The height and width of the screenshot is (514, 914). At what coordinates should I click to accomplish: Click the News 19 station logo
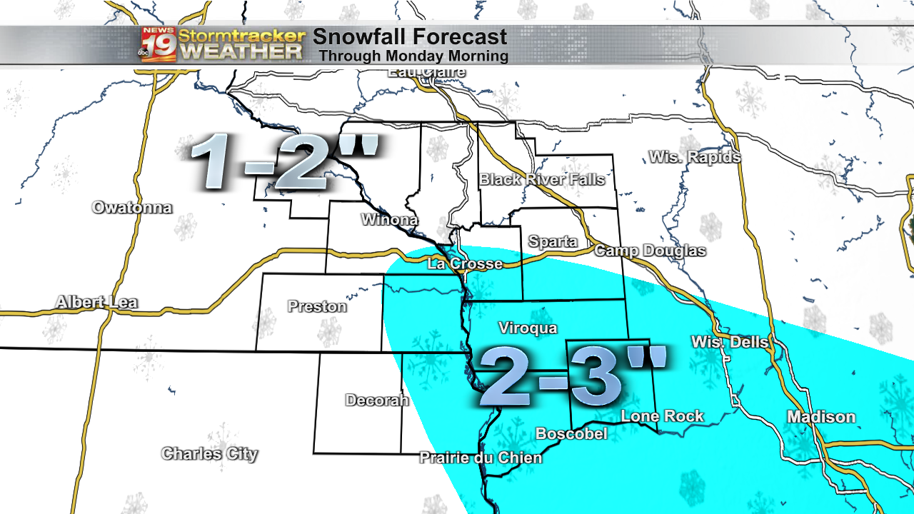tap(158, 44)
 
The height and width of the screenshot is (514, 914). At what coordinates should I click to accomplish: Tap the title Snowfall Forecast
tap(410, 37)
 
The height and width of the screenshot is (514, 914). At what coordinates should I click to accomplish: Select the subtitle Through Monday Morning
tap(413, 56)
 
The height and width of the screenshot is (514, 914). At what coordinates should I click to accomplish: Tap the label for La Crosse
tap(465, 264)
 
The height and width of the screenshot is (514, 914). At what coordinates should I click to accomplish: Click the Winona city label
tap(389, 219)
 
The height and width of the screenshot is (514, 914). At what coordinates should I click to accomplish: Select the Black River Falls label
tap(542, 179)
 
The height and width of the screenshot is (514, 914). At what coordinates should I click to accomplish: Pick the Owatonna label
tap(132, 208)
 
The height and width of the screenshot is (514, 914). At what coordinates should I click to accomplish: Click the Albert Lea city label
tap(97, 303)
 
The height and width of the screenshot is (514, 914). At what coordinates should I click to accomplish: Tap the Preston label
tap(317, 306)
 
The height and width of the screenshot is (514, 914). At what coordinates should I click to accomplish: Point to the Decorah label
tap(377, 400)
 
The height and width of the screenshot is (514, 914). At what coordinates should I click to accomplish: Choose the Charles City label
tap(209, 453)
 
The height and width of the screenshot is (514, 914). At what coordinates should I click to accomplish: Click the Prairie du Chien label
tap(481, 458)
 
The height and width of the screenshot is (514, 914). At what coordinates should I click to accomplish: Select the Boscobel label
tap(571, 433)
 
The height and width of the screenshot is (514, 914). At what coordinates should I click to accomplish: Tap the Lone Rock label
tap(662, 415)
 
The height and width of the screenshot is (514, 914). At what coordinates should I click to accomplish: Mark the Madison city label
tap(821, 417)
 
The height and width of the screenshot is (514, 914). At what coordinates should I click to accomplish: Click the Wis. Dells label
tap(730, 343)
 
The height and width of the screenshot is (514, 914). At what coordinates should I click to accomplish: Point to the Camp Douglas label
tap(650, 251)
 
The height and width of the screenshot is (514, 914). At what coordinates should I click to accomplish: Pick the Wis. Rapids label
tap(694, 157)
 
